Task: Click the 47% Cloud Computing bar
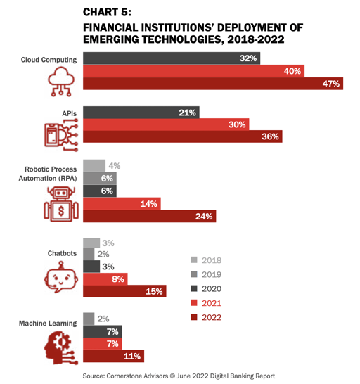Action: [213, 84]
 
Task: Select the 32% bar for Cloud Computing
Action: [172, 58]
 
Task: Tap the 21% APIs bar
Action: [141, 113]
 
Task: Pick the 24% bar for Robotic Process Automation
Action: [149, 216]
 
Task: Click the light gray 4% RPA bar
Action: [94, 166]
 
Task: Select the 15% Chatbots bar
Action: [124, 291]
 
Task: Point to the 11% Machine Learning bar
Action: [113, 356]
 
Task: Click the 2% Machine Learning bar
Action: [89, 319]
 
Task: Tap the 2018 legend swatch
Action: [194, 260]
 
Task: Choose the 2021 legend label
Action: [212, 303]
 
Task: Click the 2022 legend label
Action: [212, 317]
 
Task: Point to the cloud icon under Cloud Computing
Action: [61, 82]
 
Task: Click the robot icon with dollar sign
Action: [61, 204]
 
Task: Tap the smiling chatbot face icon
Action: [61, 277]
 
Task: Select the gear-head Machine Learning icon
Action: [61, 347]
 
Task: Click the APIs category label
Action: [70, 114]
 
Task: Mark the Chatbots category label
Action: [62, 253]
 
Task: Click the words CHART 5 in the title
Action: [107, 12]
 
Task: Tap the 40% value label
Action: [292, 71]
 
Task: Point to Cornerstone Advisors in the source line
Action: [137, 376]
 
